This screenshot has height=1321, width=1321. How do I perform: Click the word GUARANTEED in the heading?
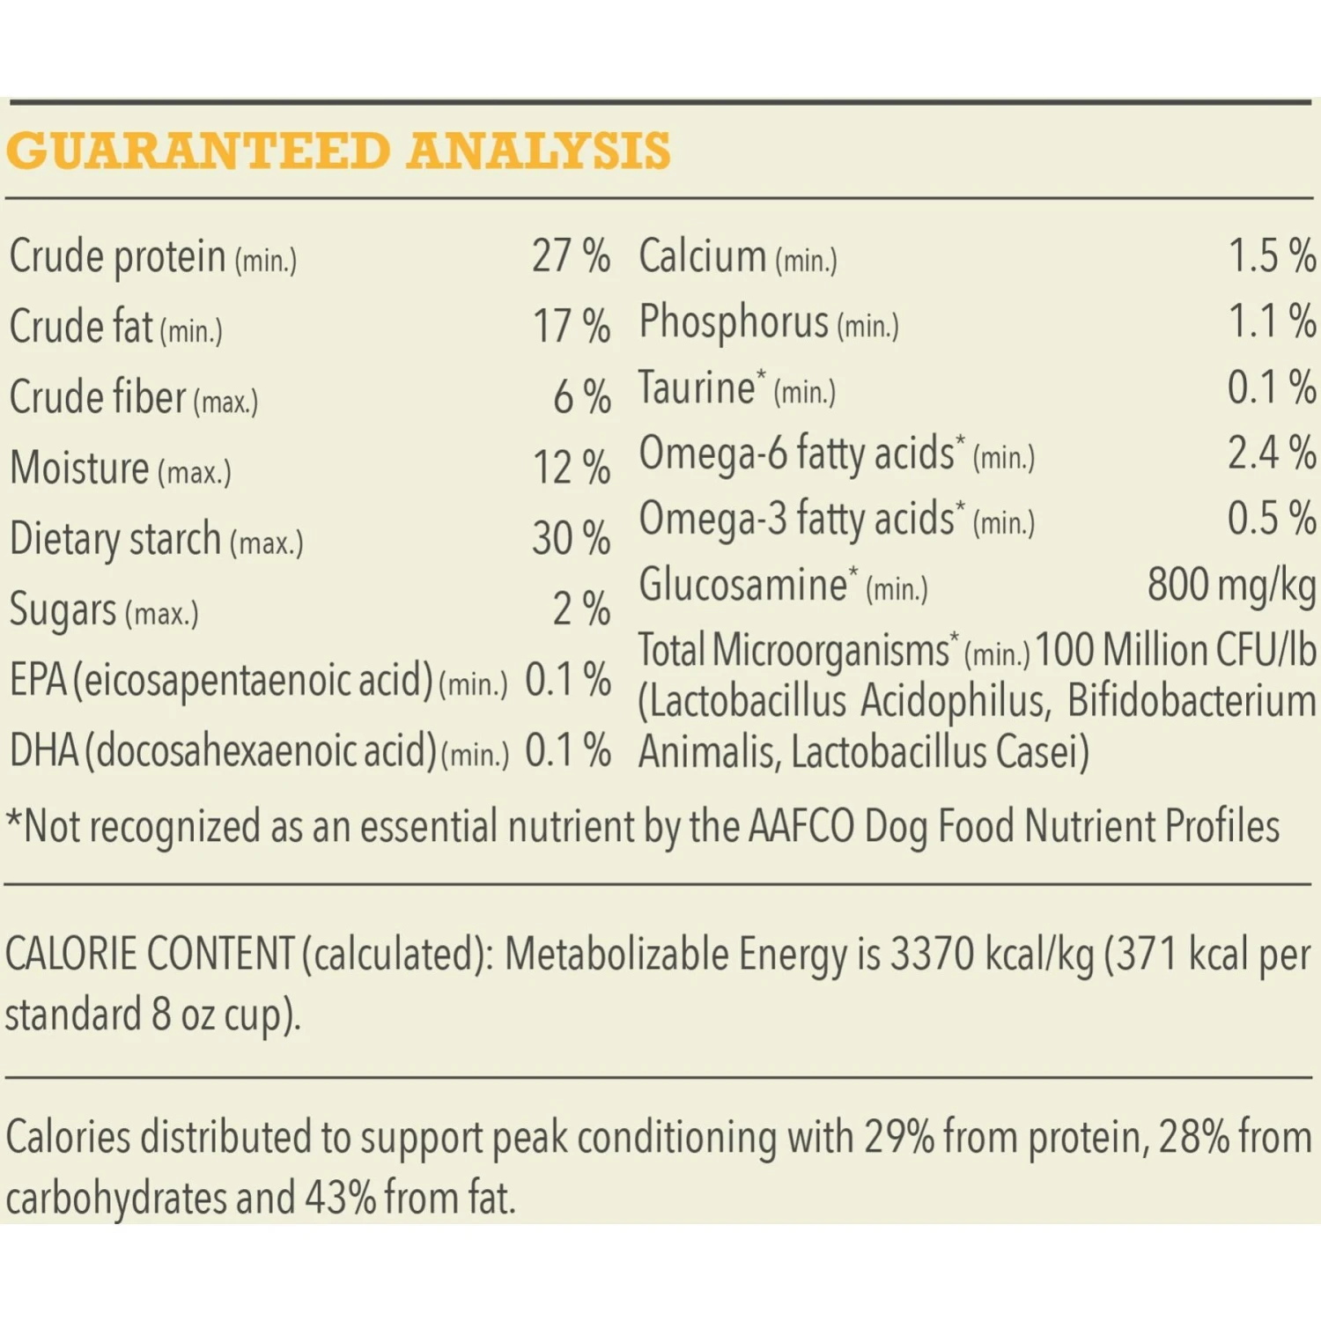pos(198,151)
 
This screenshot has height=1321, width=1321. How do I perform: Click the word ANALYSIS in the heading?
pos(539,151)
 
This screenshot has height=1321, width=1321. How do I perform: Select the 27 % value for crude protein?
pos(571,256)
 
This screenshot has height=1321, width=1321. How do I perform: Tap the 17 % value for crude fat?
pos(572,327)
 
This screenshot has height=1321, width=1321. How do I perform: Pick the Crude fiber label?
pos(98,397)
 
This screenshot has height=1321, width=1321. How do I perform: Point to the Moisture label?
pos(79,468)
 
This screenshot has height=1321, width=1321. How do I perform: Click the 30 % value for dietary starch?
pos(571,538)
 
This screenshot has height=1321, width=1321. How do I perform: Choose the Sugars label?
pos(63,610)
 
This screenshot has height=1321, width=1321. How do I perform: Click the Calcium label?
pos(702,256)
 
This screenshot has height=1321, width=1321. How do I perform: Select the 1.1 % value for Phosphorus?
pos(1272,321)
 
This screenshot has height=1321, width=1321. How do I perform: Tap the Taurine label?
pos(697,387)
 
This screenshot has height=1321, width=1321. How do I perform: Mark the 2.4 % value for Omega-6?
pos(1272,454)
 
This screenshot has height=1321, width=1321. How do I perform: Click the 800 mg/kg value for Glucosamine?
pos(1231,585)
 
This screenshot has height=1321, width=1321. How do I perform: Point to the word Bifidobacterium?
pos(1192,702)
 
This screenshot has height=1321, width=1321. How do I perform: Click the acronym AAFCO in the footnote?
pos(801,827)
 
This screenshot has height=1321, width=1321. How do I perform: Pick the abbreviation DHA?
pos(44,751)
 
